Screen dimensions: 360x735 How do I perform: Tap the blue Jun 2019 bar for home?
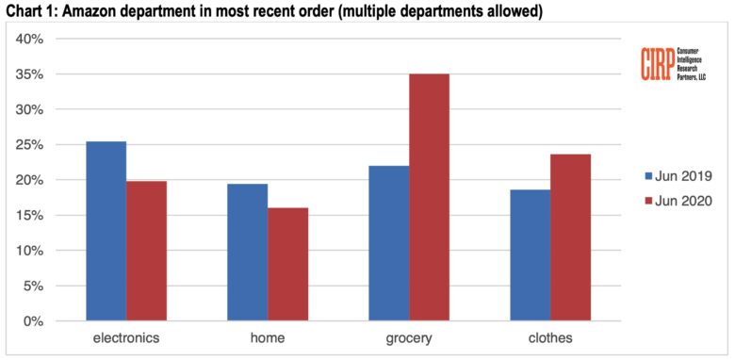coord(247,253)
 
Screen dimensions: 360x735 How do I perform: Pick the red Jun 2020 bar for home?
coord(287,264)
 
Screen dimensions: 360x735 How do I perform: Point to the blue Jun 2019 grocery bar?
coord(388,243)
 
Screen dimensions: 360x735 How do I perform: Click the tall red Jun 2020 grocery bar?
coord(429,197)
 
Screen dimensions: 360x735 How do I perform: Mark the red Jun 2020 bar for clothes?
coord(570,237)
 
